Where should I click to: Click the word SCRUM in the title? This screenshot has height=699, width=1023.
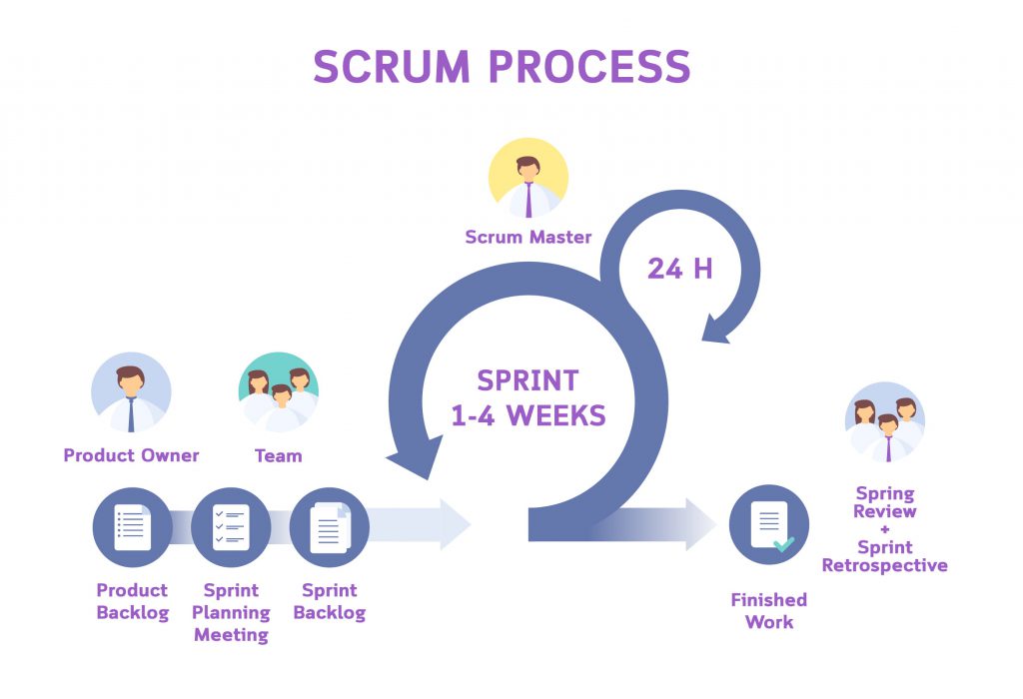[x=392, y=66]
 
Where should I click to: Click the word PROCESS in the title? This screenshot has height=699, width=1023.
[x=589, y=66]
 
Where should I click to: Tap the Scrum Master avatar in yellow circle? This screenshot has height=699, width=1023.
[x=528, y=178]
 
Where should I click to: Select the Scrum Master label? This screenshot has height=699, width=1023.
[x=528, y=237]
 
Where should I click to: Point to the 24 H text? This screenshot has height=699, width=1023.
[x=679, y=269]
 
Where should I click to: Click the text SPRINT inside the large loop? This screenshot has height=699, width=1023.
[x=527, y=380]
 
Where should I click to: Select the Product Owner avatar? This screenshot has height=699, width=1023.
[x=131, y=392]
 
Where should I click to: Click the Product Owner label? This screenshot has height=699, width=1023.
[x=131, y=455]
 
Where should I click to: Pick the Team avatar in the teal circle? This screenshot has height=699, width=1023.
[x=279, y=392]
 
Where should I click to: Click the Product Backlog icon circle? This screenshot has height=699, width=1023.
[x=133, y=527]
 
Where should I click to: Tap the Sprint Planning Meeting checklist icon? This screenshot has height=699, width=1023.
[x=231, y=527]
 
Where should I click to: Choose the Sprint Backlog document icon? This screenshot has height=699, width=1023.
[x=330, y=527]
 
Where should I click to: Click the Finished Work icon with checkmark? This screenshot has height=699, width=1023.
[x=769, y=525]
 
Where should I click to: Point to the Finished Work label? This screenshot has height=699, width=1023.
[x=769, y=611]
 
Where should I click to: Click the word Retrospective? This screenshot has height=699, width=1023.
[x=885, y=565]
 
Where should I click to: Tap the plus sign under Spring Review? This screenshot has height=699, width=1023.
[x=885, y=529]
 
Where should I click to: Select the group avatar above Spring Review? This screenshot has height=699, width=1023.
[x=885, y=421]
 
